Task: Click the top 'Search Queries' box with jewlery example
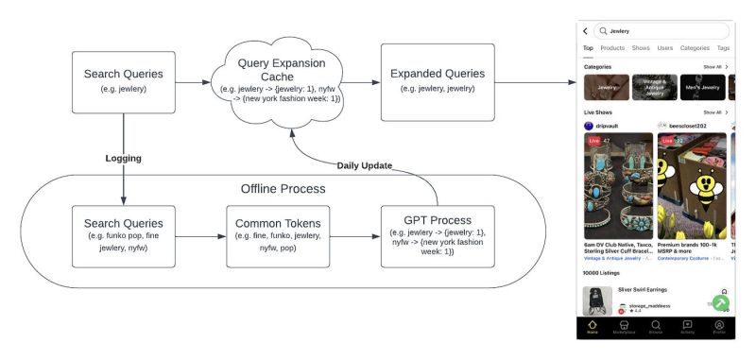pos(123,81)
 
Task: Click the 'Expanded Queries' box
pos(437,81)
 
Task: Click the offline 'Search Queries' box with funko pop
pos(123,235)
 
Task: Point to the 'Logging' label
pos(123,159)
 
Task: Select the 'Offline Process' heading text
pos(283,188)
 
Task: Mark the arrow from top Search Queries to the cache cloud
pos(193,82)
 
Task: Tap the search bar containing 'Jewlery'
pos(661,31)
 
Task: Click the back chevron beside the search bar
pos(586,31)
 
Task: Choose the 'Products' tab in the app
pos(612,47)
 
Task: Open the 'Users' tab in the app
pos(665,47)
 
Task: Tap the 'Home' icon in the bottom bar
pos(593,326)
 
